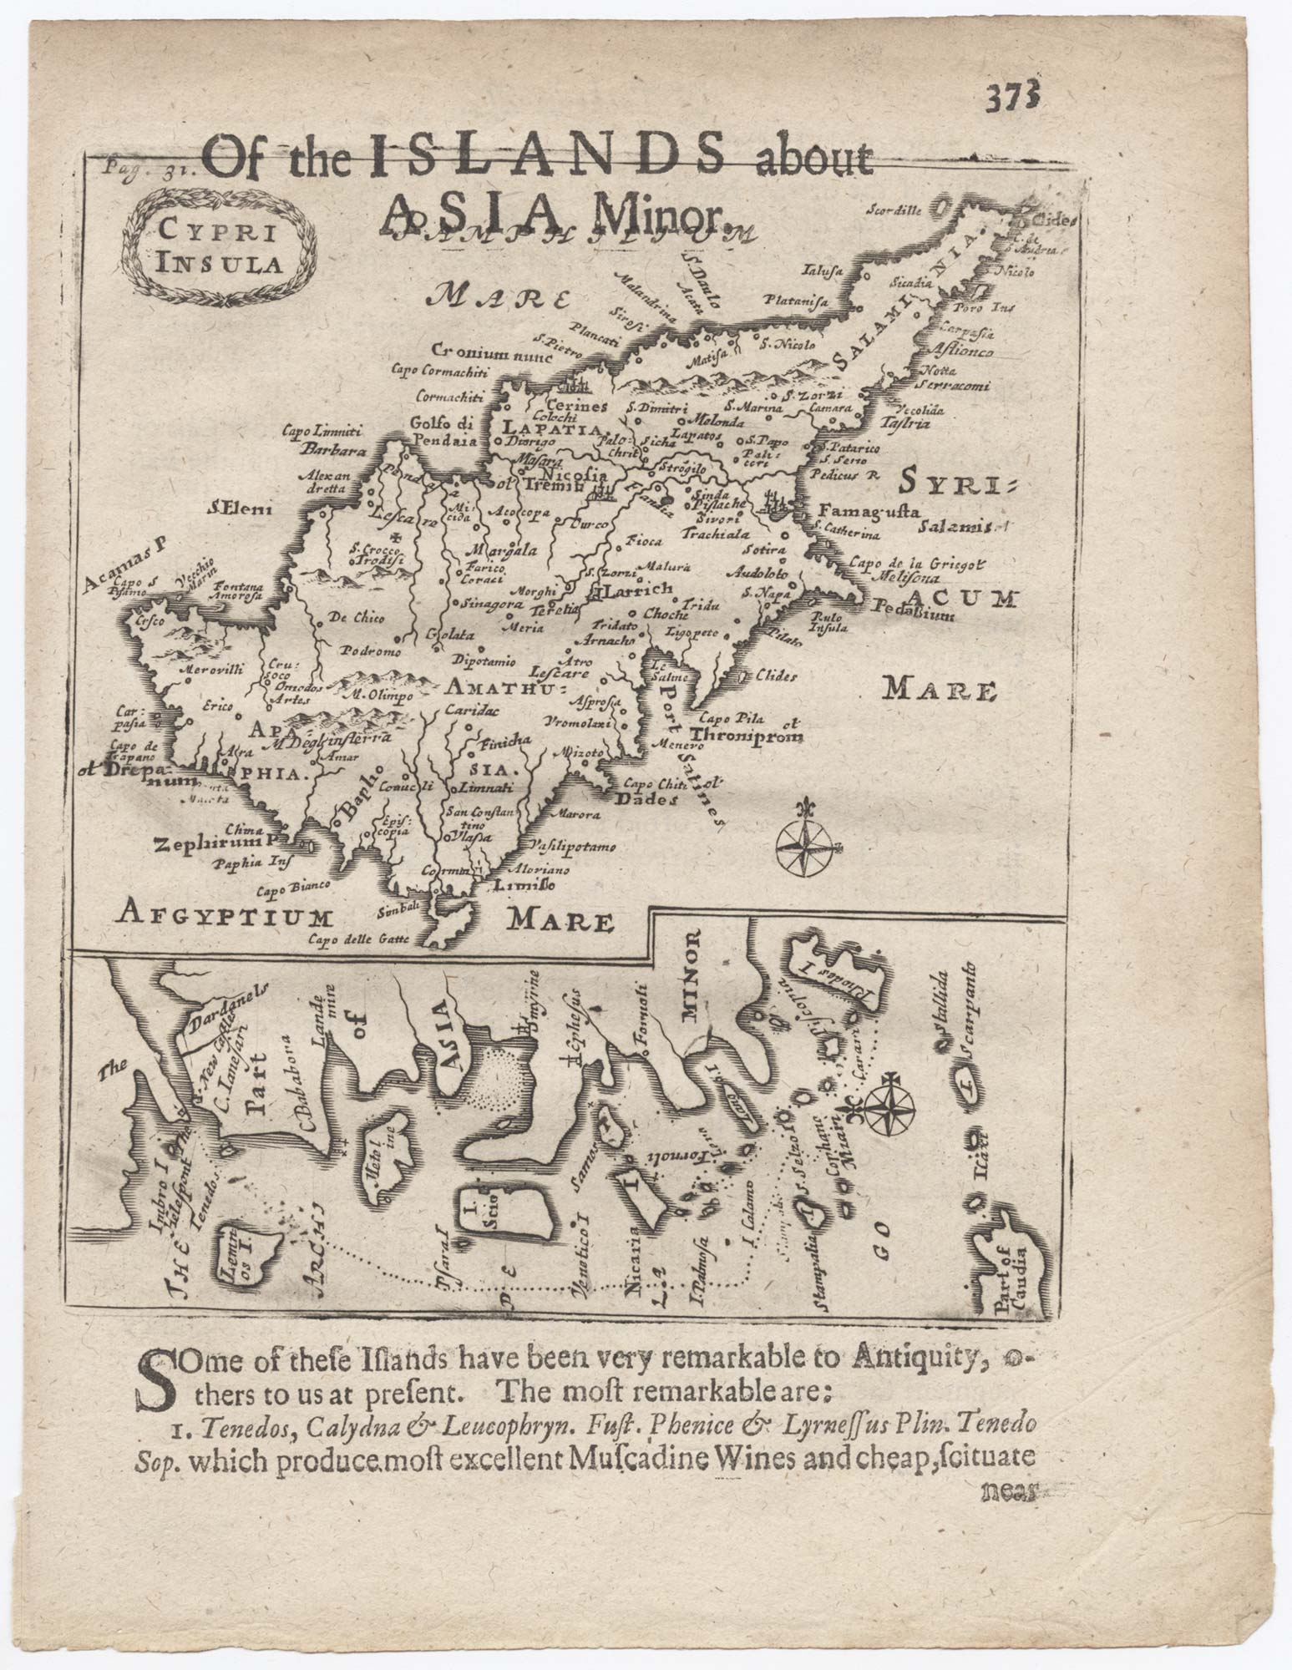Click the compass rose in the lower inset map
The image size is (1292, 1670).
(889, 1108)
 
